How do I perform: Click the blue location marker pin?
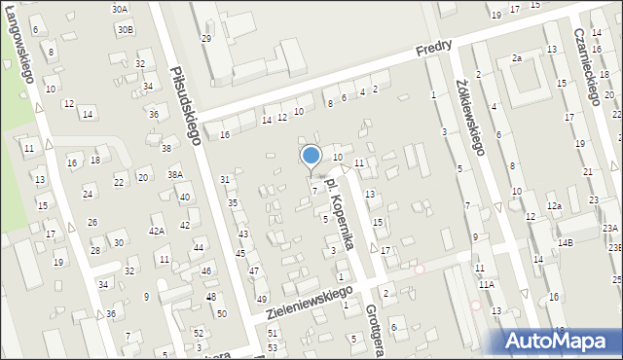311,156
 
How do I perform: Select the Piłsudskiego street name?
185,105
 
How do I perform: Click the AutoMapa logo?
559,341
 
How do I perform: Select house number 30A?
120,9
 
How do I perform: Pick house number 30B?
126,30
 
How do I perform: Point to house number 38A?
174,175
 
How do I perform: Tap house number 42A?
156,232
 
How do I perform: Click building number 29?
205,38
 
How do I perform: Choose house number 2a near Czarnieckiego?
517,58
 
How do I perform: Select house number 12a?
554,206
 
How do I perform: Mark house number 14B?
566,242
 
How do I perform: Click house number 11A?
486,284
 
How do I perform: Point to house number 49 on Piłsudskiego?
261,299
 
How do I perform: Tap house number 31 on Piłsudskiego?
225,180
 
